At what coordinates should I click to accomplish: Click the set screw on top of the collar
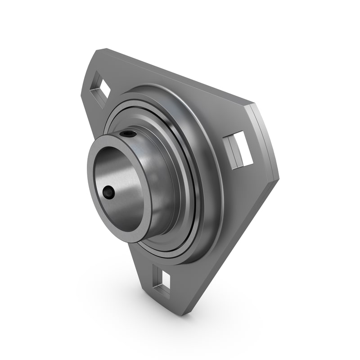[x=129, y=134]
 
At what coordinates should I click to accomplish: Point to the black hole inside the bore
[x=108, y=193]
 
